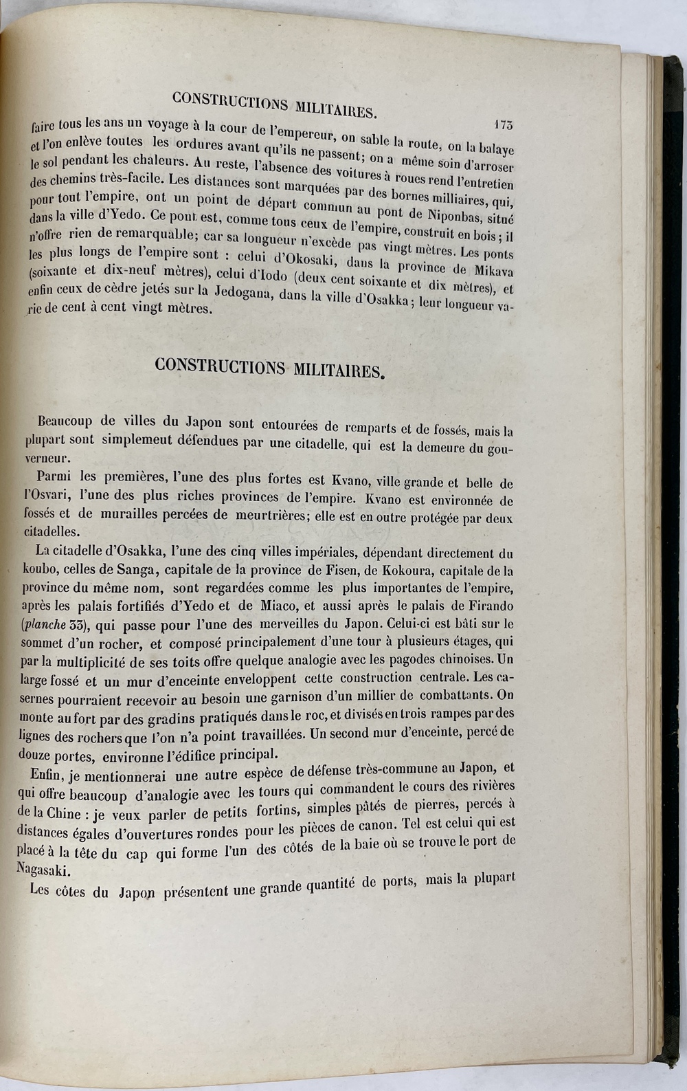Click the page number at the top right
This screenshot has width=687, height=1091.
503,124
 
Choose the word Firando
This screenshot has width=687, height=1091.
488,607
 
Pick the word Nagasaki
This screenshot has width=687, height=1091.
43,869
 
